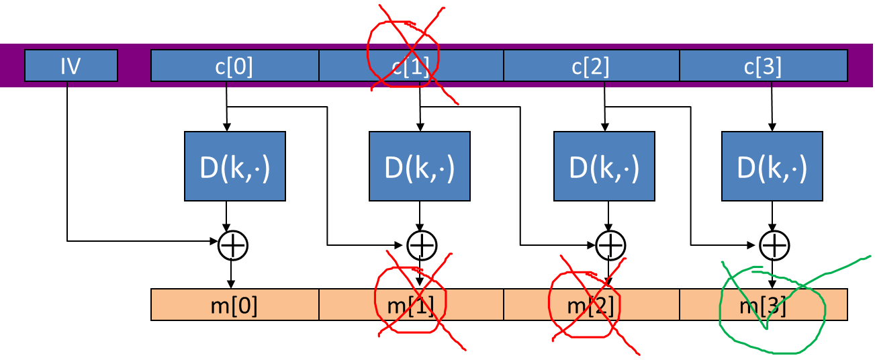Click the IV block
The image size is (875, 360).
(71, 66)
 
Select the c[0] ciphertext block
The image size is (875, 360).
(234, 66)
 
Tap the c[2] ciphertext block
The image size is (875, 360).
(591, 66)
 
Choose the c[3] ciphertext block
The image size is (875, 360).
(763, 66)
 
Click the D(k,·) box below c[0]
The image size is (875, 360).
(234, 166)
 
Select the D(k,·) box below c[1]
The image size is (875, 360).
(419, 166)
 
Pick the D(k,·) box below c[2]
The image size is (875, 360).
(604, 166)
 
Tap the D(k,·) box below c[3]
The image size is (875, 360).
(772, 166)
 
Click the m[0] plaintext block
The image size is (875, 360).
(234, 305)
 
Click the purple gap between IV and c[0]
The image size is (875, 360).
(134, 66)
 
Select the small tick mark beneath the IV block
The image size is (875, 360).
(67, 85)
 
